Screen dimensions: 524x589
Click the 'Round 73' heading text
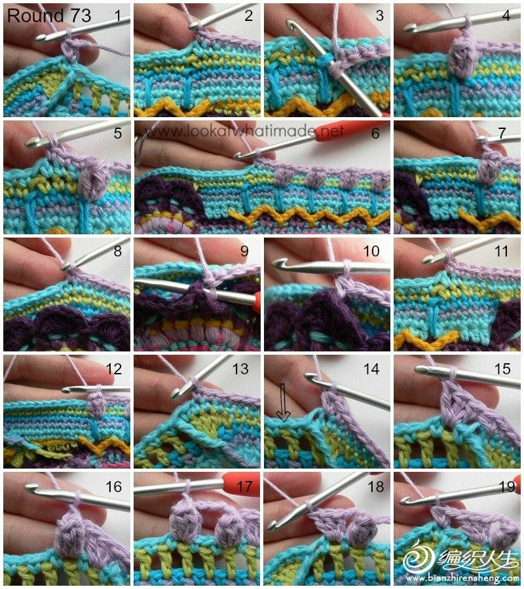coord(49,16)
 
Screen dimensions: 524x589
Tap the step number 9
coord(244,251)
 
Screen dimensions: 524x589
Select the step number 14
coord(371,369)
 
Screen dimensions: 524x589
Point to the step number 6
coord(375,134)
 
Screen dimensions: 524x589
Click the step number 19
coord(507,487)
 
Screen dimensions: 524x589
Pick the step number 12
coord(114,369)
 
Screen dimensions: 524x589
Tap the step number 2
coord(248,16)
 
